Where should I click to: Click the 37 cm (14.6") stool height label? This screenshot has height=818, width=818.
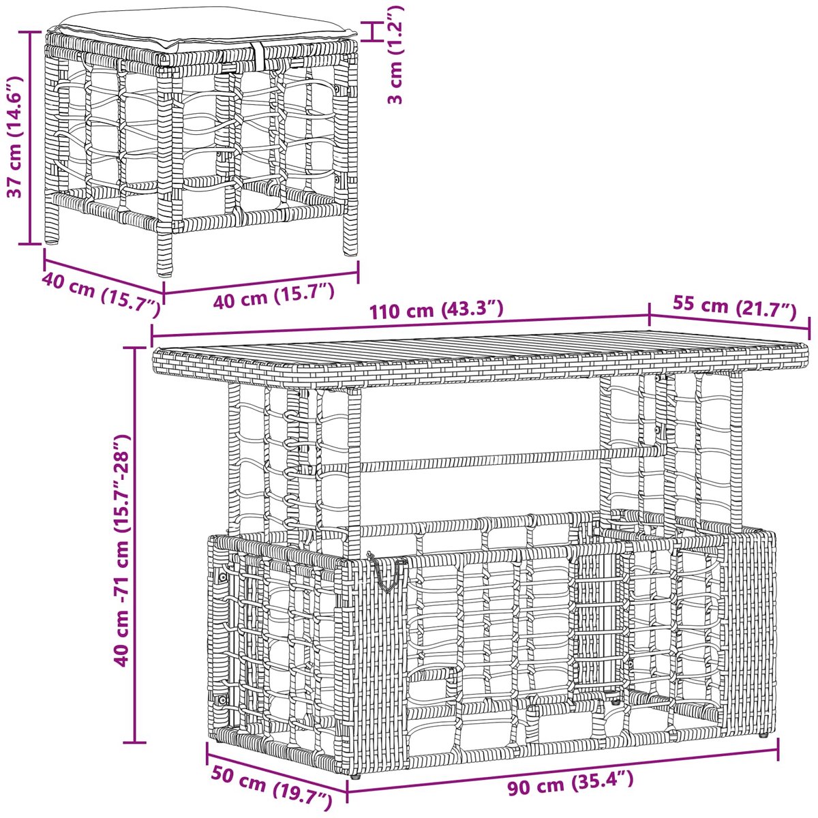16,137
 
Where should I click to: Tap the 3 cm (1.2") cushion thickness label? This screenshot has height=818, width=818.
395,55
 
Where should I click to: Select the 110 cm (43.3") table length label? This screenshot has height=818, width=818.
436,309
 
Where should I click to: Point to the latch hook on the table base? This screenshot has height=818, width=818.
384,570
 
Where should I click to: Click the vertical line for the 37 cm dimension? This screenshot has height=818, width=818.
30,138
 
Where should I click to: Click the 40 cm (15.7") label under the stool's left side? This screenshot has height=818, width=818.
102,294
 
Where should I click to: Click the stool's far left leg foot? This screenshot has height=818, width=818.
52,240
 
